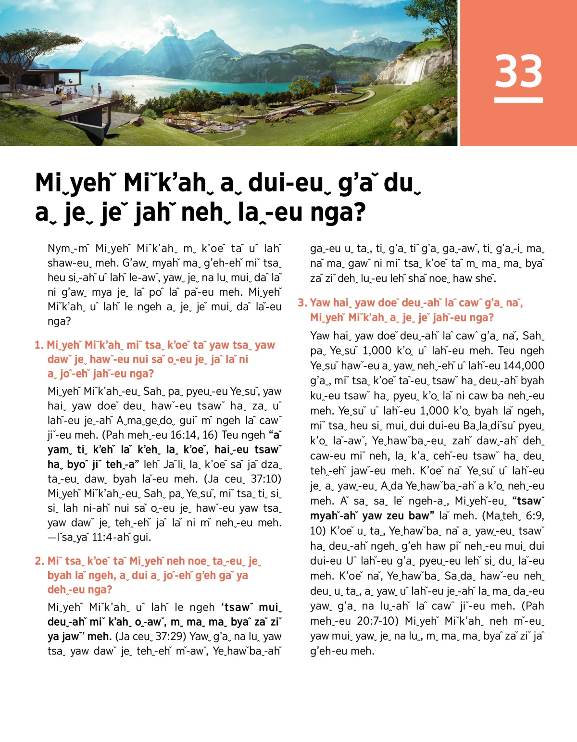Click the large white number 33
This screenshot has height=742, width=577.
pos(518,71)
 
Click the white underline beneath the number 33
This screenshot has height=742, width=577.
pos(518,100)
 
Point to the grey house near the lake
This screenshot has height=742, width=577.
pos(342,88)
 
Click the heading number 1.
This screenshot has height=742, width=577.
pos(39,345)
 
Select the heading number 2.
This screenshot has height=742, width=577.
pos(39,561)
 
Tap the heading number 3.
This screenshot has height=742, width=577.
pos(302,303)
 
